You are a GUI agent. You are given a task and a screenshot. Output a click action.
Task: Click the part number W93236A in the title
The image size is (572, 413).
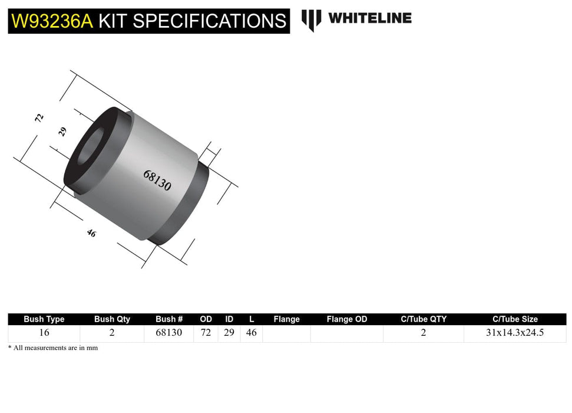coord(52,21)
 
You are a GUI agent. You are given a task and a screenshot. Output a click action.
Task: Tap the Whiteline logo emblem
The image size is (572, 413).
coord(311,19)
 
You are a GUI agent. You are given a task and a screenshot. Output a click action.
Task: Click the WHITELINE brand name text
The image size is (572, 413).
coord(369,18)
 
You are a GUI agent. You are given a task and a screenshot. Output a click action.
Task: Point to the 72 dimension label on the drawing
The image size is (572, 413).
coord(39,117)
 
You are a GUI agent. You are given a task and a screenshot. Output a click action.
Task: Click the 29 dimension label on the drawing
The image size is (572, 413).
coord(63,132)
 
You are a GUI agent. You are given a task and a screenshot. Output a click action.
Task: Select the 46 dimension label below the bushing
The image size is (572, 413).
coord(91,233)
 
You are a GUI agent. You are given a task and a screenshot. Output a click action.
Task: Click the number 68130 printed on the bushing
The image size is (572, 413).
coord(157,181)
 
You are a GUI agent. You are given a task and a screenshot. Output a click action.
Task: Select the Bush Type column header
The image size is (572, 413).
coord(44,319)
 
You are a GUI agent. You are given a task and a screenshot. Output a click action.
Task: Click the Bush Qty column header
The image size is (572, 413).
coord(112,319)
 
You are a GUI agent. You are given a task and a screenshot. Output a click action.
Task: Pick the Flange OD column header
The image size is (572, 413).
coord(346,319)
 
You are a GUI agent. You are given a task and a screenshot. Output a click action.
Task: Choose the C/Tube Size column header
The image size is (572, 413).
coord(515,319)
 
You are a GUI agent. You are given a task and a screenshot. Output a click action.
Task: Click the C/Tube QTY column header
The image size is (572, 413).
coord(423,319)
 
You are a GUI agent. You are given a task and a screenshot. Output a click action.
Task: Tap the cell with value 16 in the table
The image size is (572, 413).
coord(44,333)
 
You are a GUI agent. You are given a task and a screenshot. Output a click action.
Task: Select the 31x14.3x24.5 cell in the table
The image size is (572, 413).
coord(515,333)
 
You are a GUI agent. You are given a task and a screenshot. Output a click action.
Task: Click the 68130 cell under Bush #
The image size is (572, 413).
coord(168,333)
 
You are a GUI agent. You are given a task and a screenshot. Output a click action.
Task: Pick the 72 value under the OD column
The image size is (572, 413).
coord(206,333)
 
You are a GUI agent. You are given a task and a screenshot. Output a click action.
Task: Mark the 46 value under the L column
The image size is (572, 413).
coord(252,333)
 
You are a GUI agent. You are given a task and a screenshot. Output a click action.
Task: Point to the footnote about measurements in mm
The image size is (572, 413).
coord(53,348)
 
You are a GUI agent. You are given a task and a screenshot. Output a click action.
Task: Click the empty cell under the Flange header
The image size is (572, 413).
coord(286,333)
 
